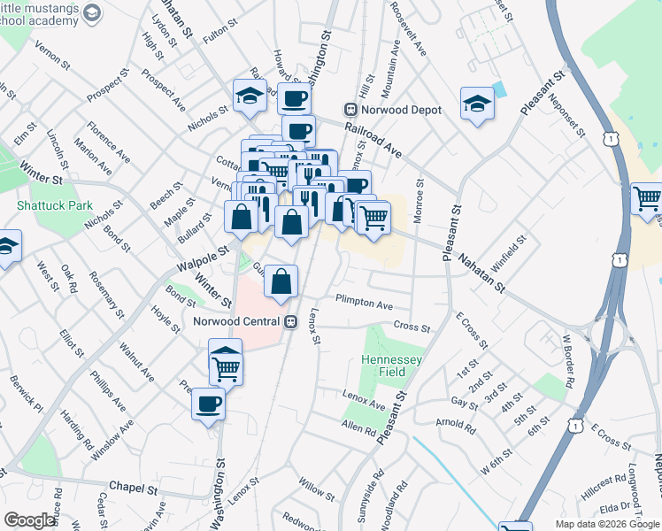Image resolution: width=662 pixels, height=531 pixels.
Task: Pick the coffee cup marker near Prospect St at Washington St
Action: [x=294, y=98]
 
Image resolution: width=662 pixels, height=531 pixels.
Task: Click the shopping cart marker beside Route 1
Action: [x=647, y=198]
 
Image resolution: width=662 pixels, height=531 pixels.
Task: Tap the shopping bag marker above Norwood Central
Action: [x=281, y=282]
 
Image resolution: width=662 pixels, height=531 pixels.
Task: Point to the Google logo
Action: [x=30, y=520]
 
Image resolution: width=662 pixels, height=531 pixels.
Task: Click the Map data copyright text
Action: [x=607, y=524]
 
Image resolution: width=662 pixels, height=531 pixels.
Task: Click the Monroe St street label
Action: [x=420, y=208]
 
